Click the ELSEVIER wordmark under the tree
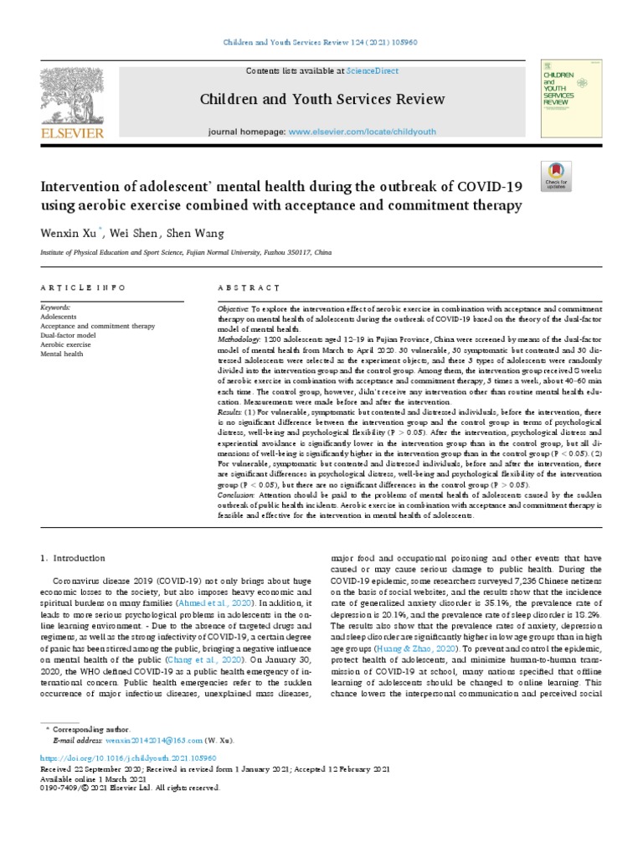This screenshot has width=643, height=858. pos(73,132)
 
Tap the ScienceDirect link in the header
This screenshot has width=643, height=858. pos(351,71)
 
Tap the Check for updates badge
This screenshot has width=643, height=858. pos(557,175)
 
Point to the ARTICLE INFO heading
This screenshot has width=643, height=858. pos(83,287)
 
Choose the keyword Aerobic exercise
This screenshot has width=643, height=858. pos(66,344)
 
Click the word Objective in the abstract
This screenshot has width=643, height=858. pos(234,309)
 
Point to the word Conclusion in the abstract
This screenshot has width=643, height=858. pos(237,494)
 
